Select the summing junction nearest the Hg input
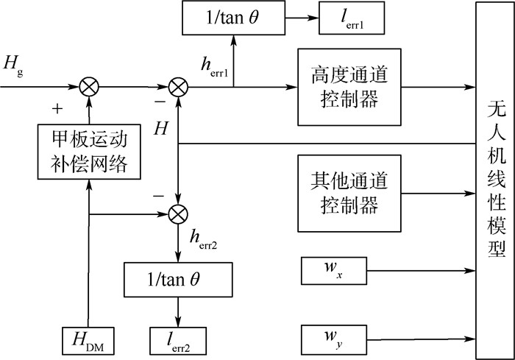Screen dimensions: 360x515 tap(89, 88)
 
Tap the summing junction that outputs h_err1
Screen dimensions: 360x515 tap(179, 88)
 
